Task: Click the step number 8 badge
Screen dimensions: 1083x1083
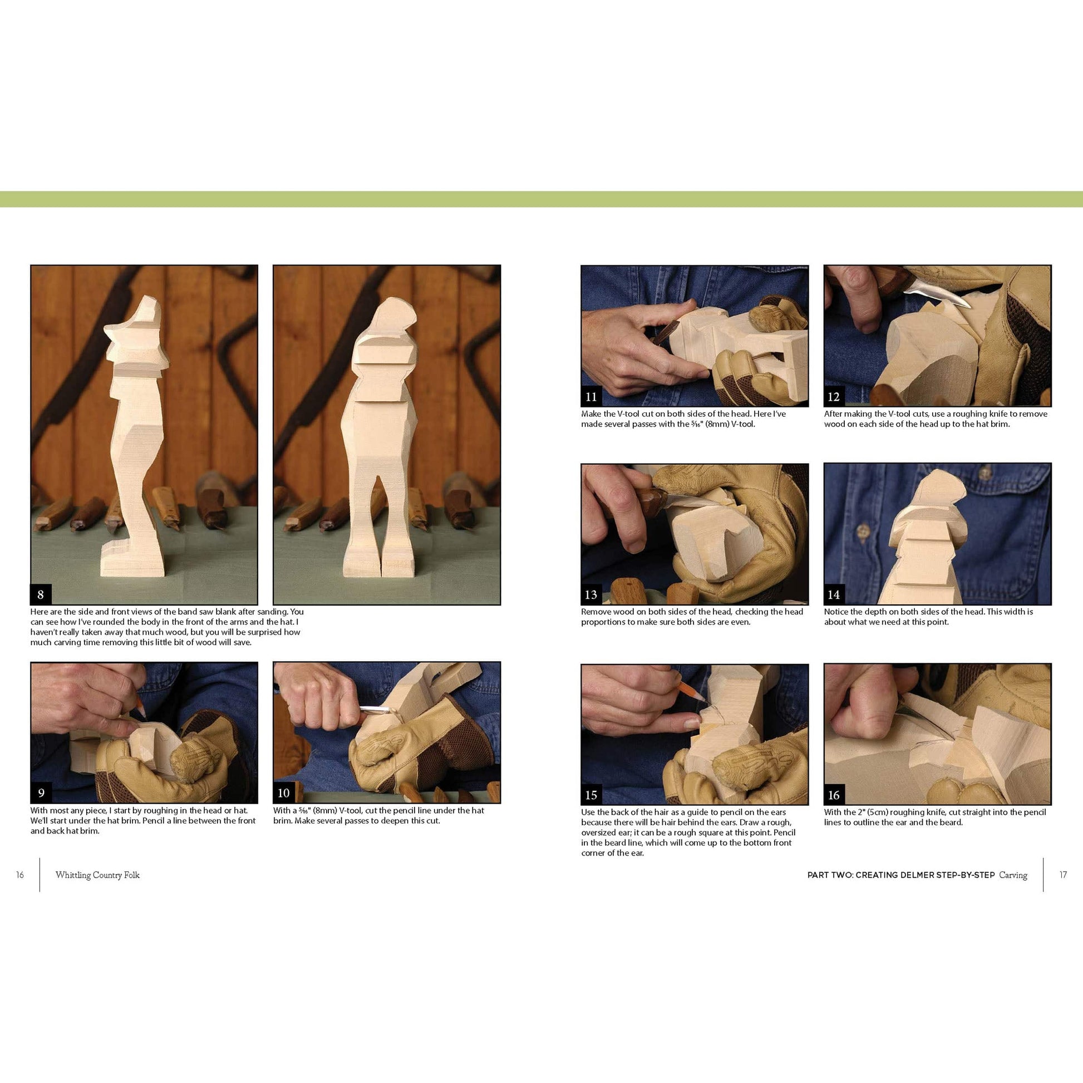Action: coord(41,594)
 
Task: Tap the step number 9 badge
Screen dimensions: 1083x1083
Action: coord(41,792)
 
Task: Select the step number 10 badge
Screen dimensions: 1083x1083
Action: coord(284,792)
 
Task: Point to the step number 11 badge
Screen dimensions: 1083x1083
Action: coord(592,396)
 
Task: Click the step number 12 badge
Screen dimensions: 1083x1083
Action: coord(834,396)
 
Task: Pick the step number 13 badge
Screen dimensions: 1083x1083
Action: coord(592,594)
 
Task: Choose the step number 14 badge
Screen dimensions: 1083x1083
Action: coord(834,594)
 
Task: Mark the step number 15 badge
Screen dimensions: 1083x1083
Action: coord(592,794)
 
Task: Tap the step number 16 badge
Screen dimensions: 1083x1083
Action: coord(834,794)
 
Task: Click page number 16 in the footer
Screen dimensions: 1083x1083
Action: coord(20,875)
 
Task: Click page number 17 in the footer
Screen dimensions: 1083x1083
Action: coord(1063,875)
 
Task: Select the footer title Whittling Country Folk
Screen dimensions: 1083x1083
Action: coord(97,875)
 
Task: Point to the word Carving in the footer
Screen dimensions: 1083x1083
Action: coord(1013,875)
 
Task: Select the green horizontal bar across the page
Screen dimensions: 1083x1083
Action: coord(541,199)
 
